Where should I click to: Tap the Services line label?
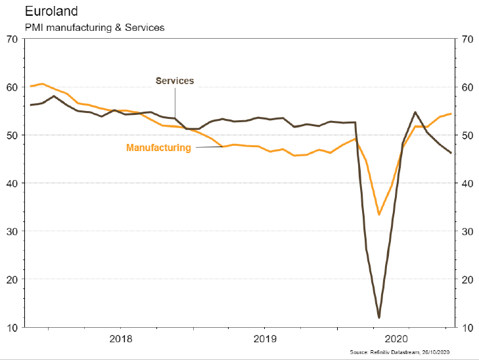[174, 81]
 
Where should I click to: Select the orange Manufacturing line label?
[158, 148]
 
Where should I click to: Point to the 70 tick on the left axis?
[11, 39]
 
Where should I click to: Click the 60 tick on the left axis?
[11, 87]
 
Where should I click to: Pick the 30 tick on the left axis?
[11, 231]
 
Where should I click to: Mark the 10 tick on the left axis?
[11, 327]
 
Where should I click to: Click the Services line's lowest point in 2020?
[379, 318]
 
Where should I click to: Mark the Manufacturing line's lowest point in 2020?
[379, 214]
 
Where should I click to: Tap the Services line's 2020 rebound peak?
[415, 112]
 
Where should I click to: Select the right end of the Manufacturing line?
[451, 114]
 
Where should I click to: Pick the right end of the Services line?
[451, 153]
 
